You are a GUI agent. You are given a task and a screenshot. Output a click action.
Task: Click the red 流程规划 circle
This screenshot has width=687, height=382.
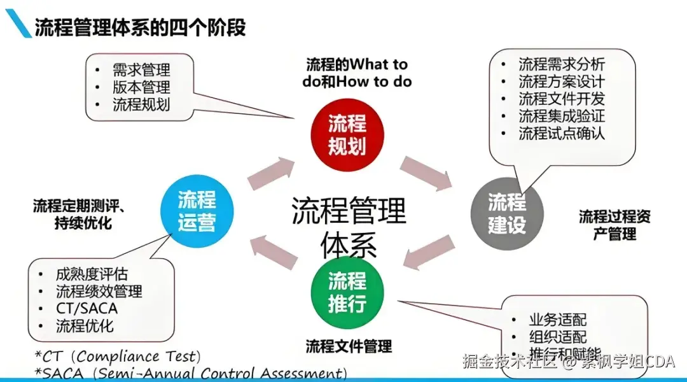pyautogui.click(x=347, y=135)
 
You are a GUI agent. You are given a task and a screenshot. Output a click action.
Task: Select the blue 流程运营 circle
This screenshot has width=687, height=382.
pyautogui.click(x=197, y=211)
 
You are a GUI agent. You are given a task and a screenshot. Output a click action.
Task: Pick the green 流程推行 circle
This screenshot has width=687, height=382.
pyautogui.click(x=347, y=292)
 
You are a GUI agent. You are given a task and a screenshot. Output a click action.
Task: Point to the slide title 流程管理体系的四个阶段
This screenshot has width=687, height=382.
pyautogui.click(x=140, y=28)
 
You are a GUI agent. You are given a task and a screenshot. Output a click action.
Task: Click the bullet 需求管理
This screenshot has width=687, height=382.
pyautogui.click(x=141, y=70)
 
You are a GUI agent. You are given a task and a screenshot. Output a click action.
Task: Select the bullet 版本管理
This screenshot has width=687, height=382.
pyautogui.click(x=141, y=87)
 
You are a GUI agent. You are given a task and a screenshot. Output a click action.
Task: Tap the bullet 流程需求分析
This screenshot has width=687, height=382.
pyautogui.click(x=561, y=64)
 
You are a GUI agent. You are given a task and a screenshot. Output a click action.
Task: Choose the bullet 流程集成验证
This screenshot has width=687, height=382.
pyautogui.click(x=561, y=116)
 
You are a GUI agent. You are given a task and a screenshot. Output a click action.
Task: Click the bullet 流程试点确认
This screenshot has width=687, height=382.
pyautogui.click(x=561, y=133)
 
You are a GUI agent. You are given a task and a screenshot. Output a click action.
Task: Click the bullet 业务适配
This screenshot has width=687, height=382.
pyautogui.click(x=557, y=320)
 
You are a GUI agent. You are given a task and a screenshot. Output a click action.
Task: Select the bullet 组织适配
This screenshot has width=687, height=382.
pyautogui.click(x=557, y=337)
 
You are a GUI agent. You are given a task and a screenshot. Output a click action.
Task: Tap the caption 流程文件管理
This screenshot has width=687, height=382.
pyautogui.click(x=349, y=347)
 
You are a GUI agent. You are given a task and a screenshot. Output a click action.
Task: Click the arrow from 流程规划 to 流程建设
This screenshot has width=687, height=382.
pyautogui.click(x=425, y=173)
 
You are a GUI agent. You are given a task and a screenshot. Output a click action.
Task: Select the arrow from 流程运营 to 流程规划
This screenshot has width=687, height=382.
pyautogui.click(x=271, y=173)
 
